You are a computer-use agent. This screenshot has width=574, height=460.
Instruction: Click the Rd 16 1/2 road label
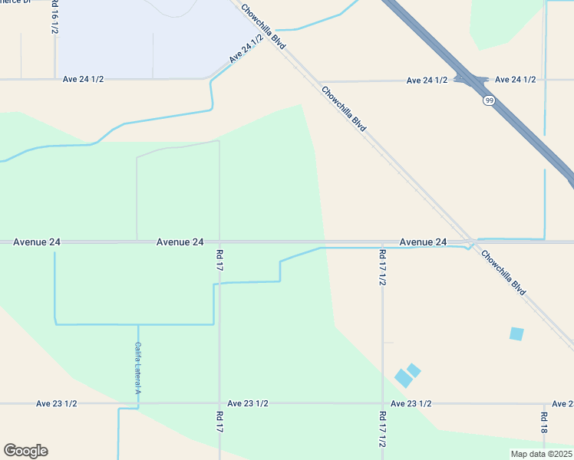pos(54,17)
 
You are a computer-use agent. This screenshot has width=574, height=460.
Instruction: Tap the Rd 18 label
pos(543,422)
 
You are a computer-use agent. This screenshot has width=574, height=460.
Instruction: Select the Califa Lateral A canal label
pos(138,369)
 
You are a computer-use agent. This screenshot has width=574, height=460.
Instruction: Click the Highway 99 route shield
pos(488,100)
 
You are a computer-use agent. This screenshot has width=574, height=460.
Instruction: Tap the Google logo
pos(25,451)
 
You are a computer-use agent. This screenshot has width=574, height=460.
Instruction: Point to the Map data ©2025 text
pos(540,453)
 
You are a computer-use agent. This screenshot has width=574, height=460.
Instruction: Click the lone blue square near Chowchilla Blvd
pos(516,333)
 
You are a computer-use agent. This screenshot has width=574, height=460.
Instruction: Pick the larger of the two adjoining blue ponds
pos(403,378)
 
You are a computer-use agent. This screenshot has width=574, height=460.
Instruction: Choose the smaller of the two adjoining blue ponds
pos(414,370)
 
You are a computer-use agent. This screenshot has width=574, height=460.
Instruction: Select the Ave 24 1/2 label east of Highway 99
pos(515,80)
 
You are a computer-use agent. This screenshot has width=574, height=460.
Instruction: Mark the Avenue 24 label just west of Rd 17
pos(180,242)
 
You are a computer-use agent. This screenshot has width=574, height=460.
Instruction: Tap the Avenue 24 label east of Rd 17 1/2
pos(423,242)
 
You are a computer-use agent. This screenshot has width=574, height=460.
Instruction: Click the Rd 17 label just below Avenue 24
pos(219,261)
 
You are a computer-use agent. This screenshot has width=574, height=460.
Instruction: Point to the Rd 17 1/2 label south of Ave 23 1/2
pos(382,429)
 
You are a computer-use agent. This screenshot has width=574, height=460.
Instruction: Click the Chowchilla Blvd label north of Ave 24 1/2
pos(262,26)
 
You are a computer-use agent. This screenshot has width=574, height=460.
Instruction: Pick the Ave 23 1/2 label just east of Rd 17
pos(248,403)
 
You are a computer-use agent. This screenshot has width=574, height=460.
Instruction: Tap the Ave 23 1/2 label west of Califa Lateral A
pos(57,403)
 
